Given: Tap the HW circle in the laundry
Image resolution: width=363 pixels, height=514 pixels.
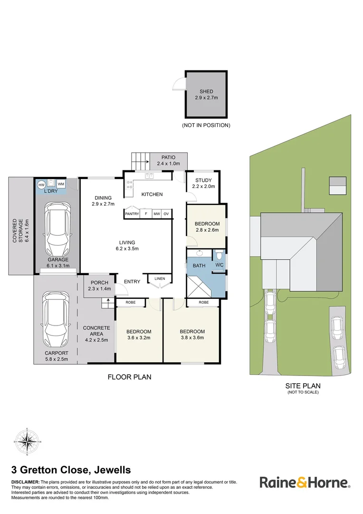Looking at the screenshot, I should click(x=41, y=185).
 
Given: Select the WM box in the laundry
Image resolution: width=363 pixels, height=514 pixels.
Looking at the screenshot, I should click(x=61, y=184).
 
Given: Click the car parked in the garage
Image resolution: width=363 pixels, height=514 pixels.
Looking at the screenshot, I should click(x=58, y=229).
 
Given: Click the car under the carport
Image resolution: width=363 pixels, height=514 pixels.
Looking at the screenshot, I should click(x=57, y=319).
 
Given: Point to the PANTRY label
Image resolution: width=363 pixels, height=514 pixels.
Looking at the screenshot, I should click(x=132, y=214).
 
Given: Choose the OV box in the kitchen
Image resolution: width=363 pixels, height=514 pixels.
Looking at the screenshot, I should click(x=166, y=214).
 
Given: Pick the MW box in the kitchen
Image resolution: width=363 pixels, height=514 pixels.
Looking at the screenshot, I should click(x=156, y=214).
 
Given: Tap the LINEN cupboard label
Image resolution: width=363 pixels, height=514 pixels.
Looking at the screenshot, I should click(x=159, y=278).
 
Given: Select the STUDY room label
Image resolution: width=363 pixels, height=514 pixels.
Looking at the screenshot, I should click(x=203, y=180).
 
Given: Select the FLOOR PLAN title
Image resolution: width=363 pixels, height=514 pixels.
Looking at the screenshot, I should click(x=129, y=377).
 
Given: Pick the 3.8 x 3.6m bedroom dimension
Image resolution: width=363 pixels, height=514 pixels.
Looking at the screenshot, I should click(x=192, y=338).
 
